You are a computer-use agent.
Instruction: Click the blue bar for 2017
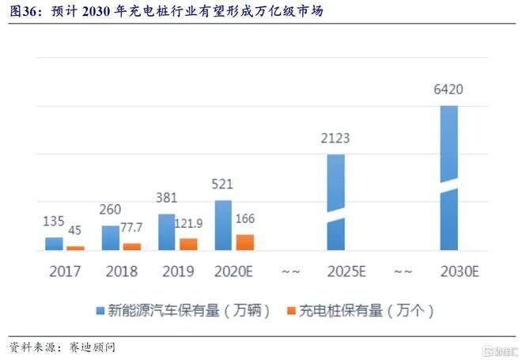pos(54,244)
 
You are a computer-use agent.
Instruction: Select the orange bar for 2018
pos(132,247)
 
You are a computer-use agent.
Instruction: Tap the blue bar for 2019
pos(167,232)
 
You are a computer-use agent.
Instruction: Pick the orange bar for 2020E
pos(245,242)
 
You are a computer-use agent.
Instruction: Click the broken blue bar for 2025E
pos(336,202)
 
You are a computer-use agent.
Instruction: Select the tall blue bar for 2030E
pos(448,178)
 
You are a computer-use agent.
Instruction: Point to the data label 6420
pos(448,89)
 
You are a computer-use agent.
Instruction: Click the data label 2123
pos(335,138)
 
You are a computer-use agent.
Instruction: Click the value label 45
pos(76,230)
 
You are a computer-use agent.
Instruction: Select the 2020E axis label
pos(234,271)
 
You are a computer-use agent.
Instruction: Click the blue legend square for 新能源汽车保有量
pos(100,311)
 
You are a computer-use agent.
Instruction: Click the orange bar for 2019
pos(188,244)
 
